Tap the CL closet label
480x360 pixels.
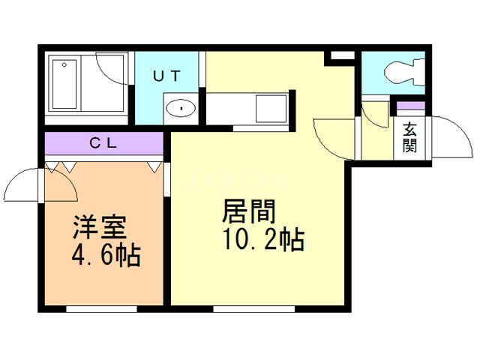click(x=103, y=143)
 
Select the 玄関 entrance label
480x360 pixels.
click(x=409, y=137)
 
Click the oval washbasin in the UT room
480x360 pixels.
click(x=181, y=108)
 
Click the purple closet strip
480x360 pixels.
click(x=103, y=143)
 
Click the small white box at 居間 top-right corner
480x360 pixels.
click(x=341, y=56)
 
